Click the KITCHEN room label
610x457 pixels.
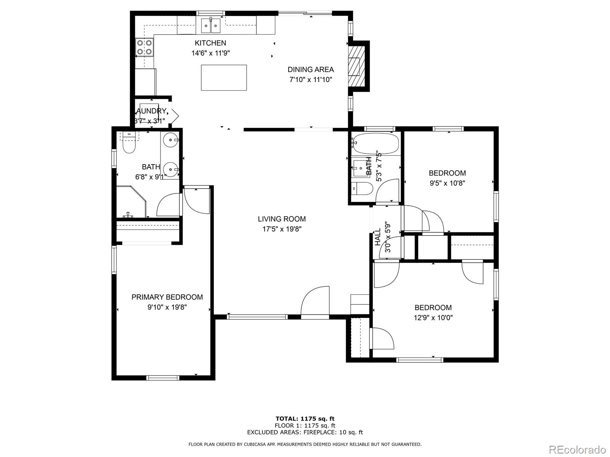click(x=210, y=43)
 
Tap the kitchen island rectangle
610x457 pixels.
click(x=224, y=78)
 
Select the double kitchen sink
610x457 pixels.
click(x=210, y=26)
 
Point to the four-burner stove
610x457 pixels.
click(x=144, y=48)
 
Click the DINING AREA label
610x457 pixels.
click(x=310, y=69)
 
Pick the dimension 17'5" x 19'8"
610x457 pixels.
click(x=282, y=229)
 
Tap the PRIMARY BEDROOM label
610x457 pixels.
click(x=167, y=297)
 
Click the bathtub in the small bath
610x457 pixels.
click(x=376, y=143)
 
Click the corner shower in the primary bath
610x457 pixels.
click(x=130, y=203)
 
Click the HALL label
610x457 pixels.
click(x=378, y=237)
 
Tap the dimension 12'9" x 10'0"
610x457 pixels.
click(x=433, y=318)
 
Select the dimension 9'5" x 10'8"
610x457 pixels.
click(x=447, y=183)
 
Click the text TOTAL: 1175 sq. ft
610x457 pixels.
click(x=305, y=419)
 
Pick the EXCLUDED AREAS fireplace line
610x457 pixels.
click(x=305, y=432)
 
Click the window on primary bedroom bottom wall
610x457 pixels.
click(x=163, y=378)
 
